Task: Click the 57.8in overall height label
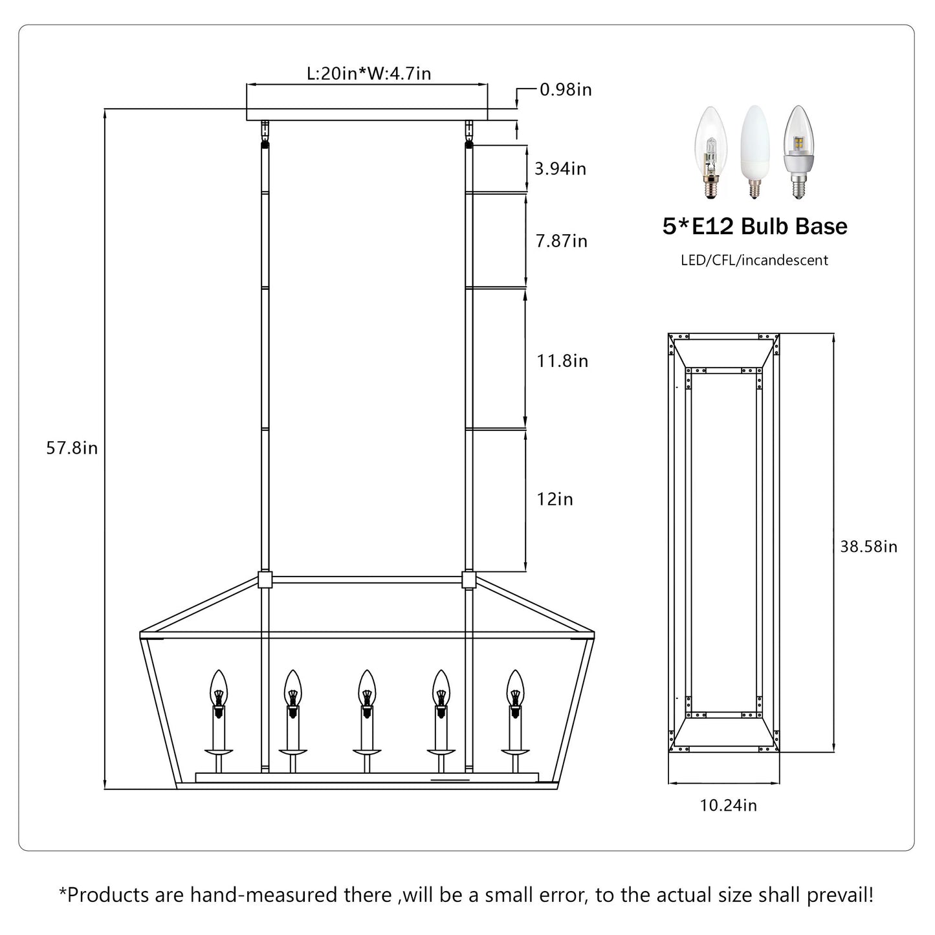coord(72,448)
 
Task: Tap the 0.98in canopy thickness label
coord(566,90)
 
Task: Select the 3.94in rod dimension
coord(560,169)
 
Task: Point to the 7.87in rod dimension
coord(561,241)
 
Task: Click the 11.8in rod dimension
coord(562,360)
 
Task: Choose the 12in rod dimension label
coord(555,500)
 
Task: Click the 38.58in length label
coord(868,547)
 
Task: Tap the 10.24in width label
coord(728,806)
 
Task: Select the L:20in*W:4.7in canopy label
coord(369,74)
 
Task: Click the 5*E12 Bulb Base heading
coord(754,226)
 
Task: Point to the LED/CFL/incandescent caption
coord(754,261)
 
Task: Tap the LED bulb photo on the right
coord(797,151)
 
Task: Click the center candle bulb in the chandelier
coord(368,689)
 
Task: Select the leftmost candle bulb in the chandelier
coord(219,689)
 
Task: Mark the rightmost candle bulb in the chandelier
coord(515,689)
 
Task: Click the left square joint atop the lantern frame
coord(265,579)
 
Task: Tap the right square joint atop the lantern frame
coord(469,579)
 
